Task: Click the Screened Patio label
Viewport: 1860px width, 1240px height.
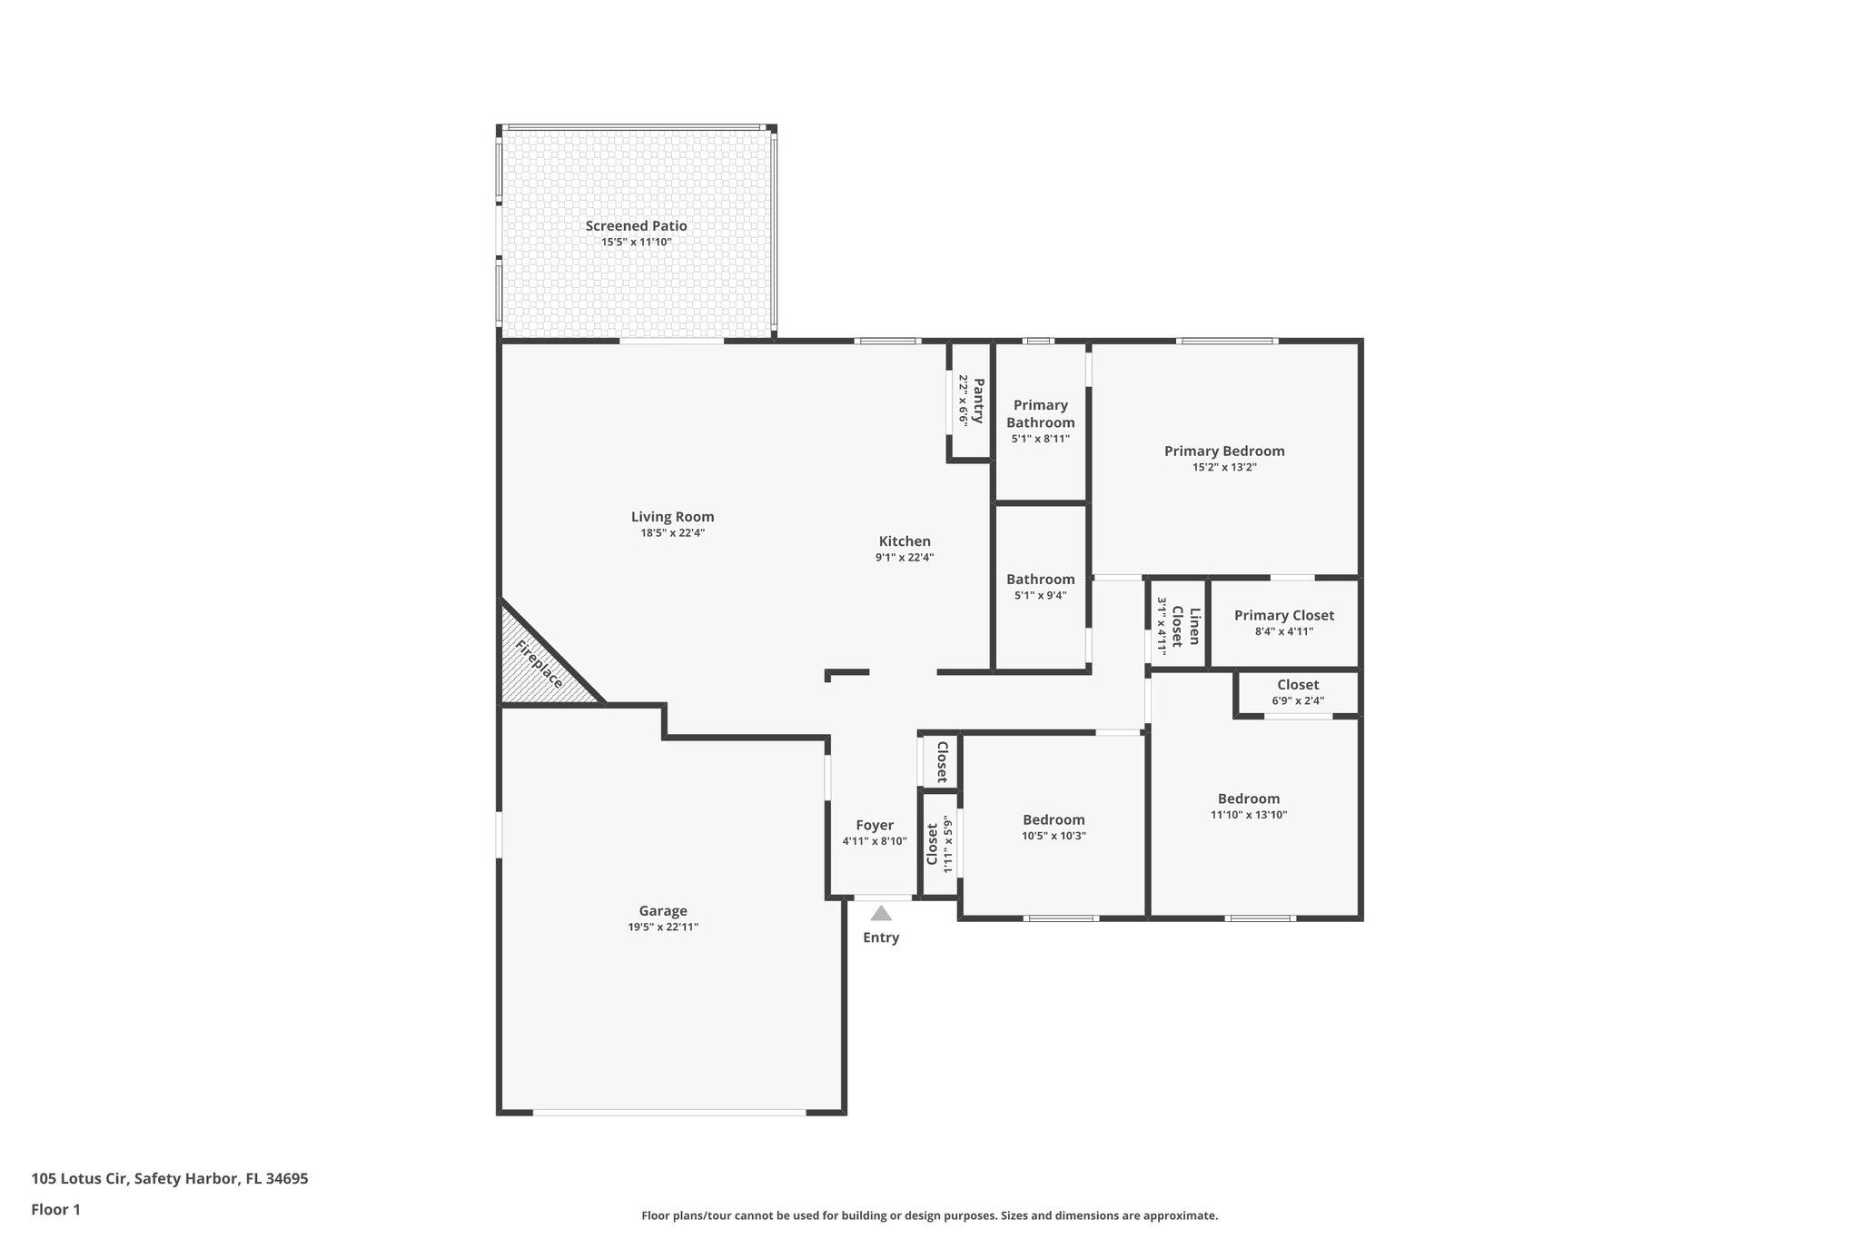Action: pyautogui.click(x=636, y=226)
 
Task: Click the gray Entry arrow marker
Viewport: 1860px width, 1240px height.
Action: pyautogui.click(x=880, y=914)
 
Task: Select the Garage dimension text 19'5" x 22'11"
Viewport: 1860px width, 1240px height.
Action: pyautogui.click(x=663, y=927)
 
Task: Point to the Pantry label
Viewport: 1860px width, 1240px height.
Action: pyautogui.click(x=978, y=401)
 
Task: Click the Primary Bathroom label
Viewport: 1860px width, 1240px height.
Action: pyautogui.click(x=1040, y=413)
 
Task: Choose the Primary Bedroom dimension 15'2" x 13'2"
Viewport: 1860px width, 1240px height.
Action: pyautogui.click(x=1224, y=467)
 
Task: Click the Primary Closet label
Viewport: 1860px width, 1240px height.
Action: pyautogui.click(x=1283, y=616)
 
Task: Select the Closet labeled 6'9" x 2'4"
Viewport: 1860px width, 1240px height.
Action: pyautogui.click(x=1298, y=685)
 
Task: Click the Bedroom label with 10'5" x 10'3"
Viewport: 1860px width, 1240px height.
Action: pyautogui.click(x=1054, y=819)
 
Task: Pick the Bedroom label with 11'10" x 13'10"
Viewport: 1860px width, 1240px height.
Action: pyautogui.click(x=1249, y=799)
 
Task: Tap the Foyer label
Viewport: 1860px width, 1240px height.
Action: pyautogui.click(x=875, y=825)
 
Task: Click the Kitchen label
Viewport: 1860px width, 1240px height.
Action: pyautogui.click(x=905, y=541)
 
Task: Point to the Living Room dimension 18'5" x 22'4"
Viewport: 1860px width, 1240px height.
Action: pyautogui.click(x=672, y=533)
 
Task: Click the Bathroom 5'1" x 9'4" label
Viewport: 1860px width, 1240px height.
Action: pyautogui.click(x=1040, y=580)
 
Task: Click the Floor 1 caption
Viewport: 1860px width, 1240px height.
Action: pyautogui.click(x=56, y=1209)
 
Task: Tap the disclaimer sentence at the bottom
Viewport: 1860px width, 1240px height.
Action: pyautogui.click(x=929, y=1215)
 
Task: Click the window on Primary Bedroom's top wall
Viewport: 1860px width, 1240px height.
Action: pyautogui.click(x=1226, y=341)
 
